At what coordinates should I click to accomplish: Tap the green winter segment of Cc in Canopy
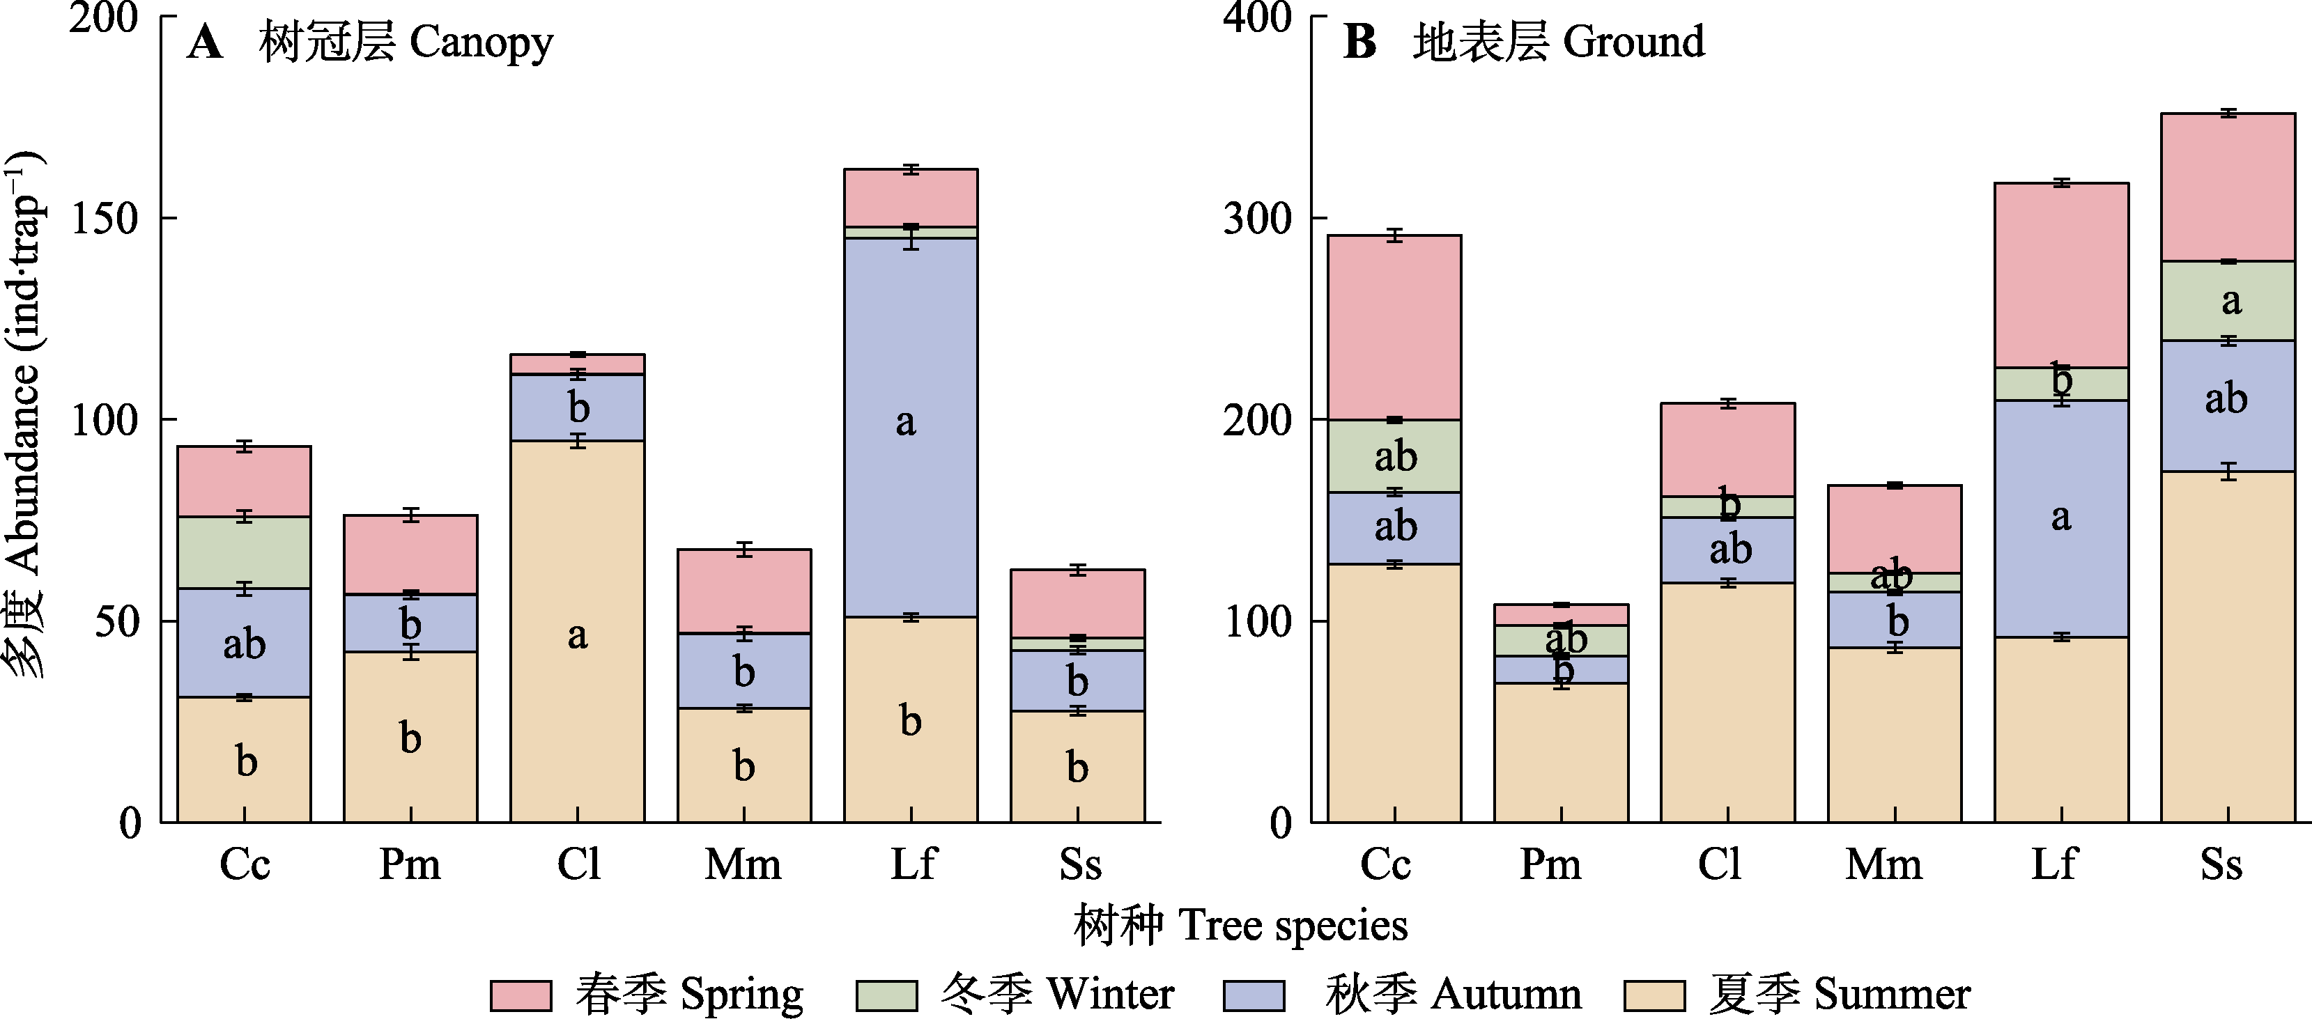tap(244, 552)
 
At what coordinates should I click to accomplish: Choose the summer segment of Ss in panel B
tap(2228, 646)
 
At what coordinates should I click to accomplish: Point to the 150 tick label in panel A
tap(106, 218)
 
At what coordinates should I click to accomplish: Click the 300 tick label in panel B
tap(1256, 218)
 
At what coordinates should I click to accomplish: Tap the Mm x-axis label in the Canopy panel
tap(743, 864)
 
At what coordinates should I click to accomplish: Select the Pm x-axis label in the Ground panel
tap(1550, 864)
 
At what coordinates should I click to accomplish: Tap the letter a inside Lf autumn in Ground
tap(2060, 518)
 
